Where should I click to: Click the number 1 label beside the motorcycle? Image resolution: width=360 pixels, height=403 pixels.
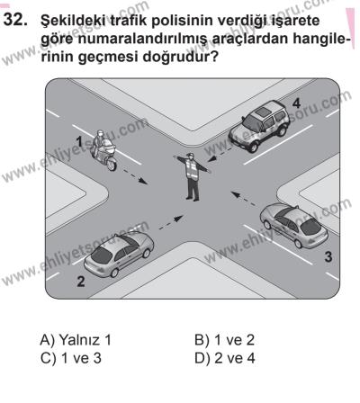[80, 142]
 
